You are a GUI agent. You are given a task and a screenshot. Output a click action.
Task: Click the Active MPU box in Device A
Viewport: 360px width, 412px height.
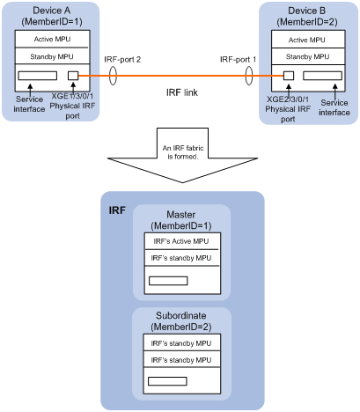pyautogui.click(x=52, y=39)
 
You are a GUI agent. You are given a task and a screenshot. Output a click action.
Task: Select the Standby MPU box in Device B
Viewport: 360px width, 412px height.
pyautogui.click(x=308, y=56)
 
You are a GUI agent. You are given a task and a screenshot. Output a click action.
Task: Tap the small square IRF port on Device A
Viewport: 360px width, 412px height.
pyautogui.click(x=73, y=76)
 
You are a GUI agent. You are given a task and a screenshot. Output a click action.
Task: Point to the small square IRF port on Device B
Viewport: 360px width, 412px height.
pyautogui.click(x=289, y=76)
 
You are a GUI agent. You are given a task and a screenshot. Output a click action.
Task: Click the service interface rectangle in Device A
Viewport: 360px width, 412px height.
pyautogui.click(x=38, y=76)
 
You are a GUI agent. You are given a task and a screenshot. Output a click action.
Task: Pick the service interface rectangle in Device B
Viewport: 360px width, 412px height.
pyautogui.click(x=322, y=76)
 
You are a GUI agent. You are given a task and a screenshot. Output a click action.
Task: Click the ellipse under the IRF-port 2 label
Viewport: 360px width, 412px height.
pyautogui.click(x=113, y=76)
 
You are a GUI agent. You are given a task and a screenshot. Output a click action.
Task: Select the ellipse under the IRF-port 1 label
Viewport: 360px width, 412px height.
pyautogui.click(x=249, y=76)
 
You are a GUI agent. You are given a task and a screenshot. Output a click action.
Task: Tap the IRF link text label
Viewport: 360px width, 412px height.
pyautogui.click(x=182, y=92)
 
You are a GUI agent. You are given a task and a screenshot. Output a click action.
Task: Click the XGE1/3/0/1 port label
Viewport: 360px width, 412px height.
pyautogui.click(x=72, y=96)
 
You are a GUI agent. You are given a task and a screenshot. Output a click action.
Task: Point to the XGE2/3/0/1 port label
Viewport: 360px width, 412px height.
pyautogui.click(x=288, y=99)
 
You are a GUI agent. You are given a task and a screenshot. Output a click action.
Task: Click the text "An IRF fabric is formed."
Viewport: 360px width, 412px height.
pyautogui.click(x=183, y=152)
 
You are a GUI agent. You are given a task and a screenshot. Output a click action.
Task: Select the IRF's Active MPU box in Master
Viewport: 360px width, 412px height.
pyautogui.click(x=181, y=241)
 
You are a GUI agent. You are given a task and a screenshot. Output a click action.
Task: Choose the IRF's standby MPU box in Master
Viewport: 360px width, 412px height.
pyautogui.click(x=181, y=258)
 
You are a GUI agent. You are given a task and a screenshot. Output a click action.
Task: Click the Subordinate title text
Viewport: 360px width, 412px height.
pyautogui.click(x=180, y=315)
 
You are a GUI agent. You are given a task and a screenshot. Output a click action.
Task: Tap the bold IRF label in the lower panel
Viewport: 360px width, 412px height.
pyautogui.click(x=117, y=210)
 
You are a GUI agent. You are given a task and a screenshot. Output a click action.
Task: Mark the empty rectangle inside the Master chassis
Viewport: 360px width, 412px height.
pyautogui.click(x=168, y=281)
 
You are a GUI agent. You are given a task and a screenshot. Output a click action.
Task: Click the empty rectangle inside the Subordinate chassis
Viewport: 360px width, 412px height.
pyautogui.click(x=167, y=381)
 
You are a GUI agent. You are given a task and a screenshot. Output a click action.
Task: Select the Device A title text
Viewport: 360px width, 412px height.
pyautogui.click(x=52, y=11)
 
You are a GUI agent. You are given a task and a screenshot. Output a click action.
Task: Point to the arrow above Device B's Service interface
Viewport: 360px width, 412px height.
pyautogui.click(x=335, y=92)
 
